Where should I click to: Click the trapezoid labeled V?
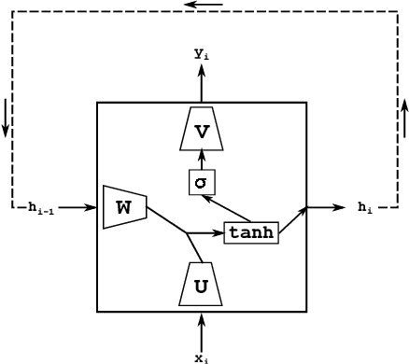pyautogui.click(x=202, y=131)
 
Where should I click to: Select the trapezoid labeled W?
pyautogui.click(x=124, y=207)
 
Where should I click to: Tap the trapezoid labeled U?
pyautogui.click(x=201, y=285)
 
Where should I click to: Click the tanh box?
pyautogui.click(x=251, y=232)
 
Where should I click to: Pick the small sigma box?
pyautogui.click(x=202, y=182)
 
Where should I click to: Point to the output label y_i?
pyautogui.click(x=202, y=55)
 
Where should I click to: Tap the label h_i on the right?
pyautogui.click(x=365, y=207)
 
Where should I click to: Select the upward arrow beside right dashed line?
pyautogui.click(x=404, y=118)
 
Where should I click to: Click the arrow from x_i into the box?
pyautogui.click(x=202, y=330)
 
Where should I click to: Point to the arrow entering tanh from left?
pyautogui.click(x=206, y=232)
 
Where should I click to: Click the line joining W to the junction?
pyautogui.click(x=167, y=219)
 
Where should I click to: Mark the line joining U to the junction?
pyautogui.click(x=195, y=248)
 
